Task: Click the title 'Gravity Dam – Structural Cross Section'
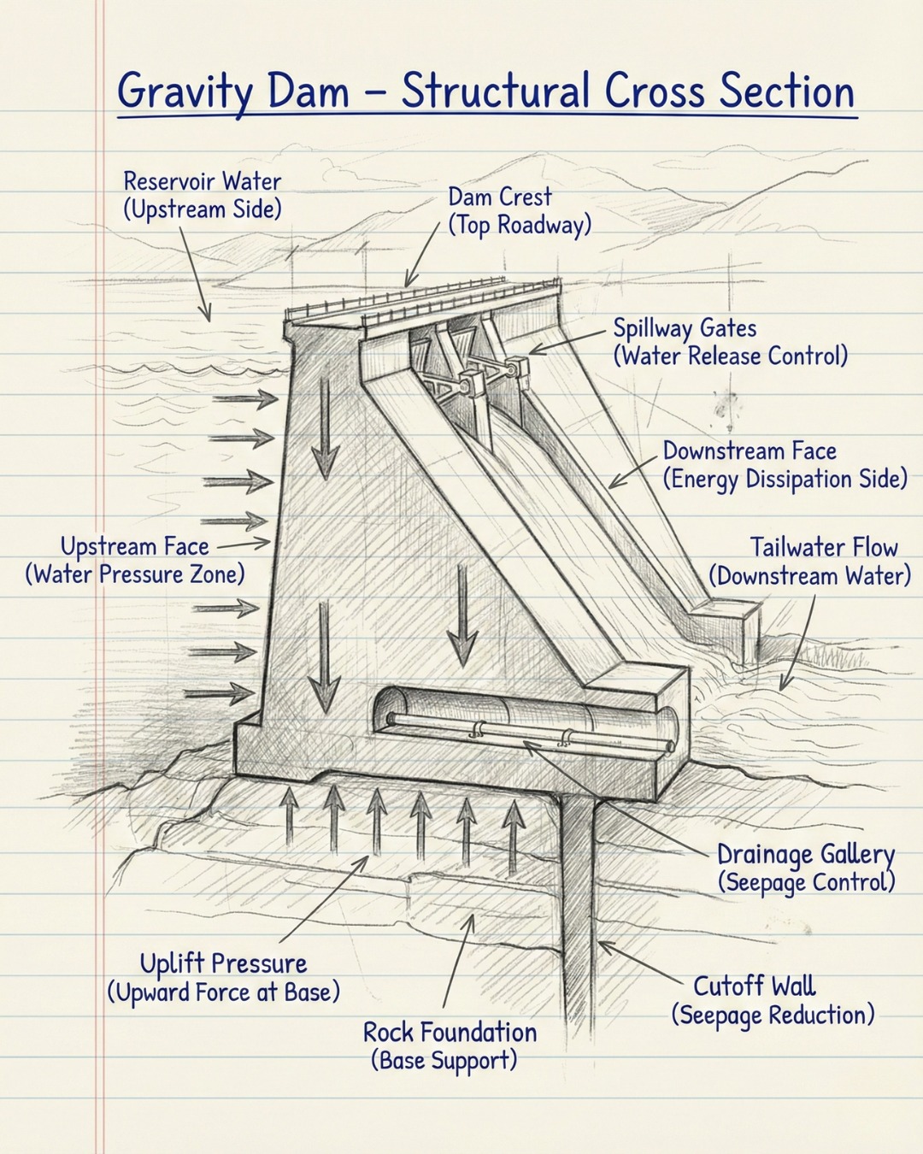[x=485, y=91]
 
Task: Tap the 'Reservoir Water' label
[x=203, y=181]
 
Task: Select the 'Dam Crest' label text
[x=500, y=197]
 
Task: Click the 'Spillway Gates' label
[x=685, y=328]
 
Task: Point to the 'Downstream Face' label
[x=750, y=450]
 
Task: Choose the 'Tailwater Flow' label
[x=823, y=547]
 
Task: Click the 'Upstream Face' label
[x=134, y=546]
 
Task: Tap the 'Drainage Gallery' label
[x=805, y=854]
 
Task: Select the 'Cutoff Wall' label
[x=754, y=986]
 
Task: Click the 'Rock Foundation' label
[x=450, y=1032]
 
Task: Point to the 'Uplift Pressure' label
[x=223, y=963]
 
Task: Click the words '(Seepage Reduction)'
[x=773, y=1016]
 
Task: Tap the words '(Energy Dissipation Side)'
[x=785, y=479]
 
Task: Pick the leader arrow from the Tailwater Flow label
[x=800, y=641]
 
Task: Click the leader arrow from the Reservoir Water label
[x=193, y=274]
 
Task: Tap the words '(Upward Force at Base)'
[x=223, y=992]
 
